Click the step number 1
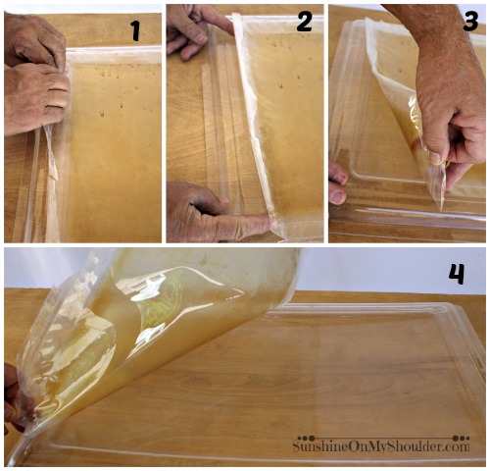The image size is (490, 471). click(135, 30)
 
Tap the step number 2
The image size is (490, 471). click(304, 22)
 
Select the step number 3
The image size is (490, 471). click(470, 21)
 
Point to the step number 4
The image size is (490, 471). click(457, 274)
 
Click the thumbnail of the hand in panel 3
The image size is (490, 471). click(436, 157)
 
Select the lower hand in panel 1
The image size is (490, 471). click(35, 98)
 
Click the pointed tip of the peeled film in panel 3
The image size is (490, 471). click(441, 208)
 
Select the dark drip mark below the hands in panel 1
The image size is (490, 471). click(102, 114)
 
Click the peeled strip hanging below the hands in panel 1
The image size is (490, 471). click(52, 183)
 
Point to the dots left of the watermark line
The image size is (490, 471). click(307, 439)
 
